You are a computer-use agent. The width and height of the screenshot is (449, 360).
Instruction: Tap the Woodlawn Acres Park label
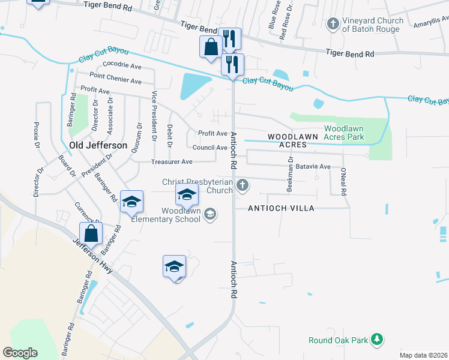coord(352,133)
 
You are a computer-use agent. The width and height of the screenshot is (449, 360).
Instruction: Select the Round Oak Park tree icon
coord(377,340)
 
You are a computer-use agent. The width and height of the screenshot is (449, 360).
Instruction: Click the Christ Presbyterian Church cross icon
coord(243,185)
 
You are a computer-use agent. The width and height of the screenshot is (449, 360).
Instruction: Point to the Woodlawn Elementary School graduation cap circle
coord(209,214)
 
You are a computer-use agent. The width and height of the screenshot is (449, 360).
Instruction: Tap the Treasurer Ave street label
coord(172,162)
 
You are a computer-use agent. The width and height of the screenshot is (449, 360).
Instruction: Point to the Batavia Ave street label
coord(316,166)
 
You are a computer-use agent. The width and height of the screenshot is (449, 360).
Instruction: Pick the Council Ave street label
coord(210,147)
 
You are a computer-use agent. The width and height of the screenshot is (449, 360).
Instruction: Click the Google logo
coord(20,353)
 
